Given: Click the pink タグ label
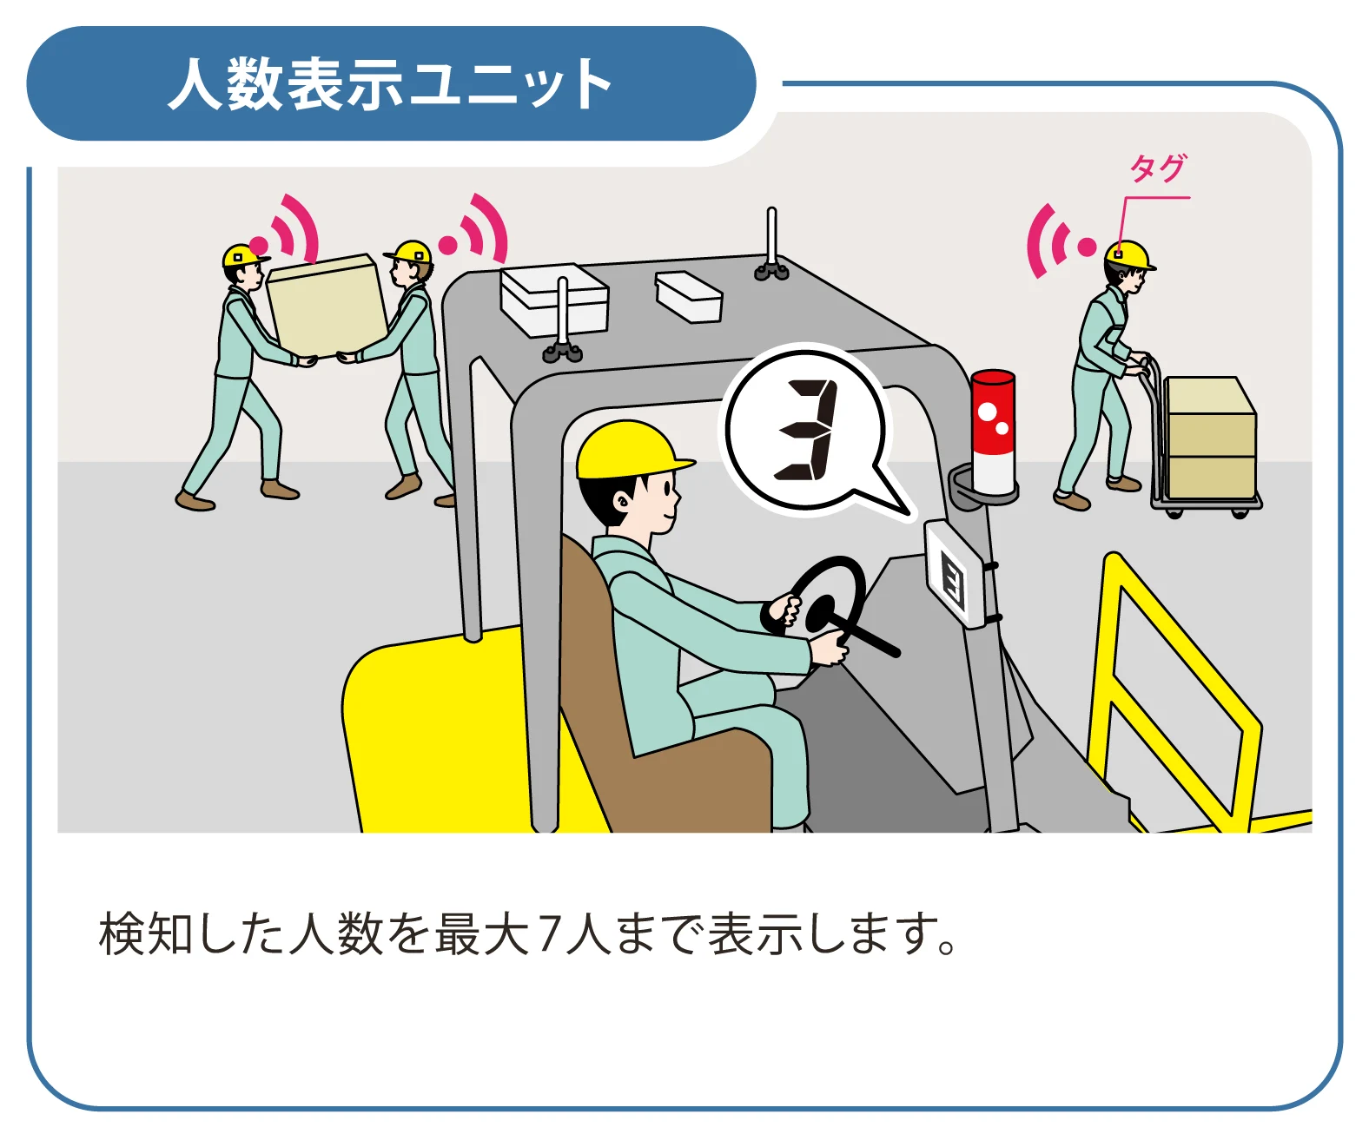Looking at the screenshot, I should (x=1157, y=168).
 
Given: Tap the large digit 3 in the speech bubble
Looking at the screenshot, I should (x=804, y=431).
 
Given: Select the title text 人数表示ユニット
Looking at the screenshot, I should (x=390, y=85).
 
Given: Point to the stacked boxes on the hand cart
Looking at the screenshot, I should (x=1210, y=438).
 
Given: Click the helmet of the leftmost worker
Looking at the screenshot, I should (x=242, y=255).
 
